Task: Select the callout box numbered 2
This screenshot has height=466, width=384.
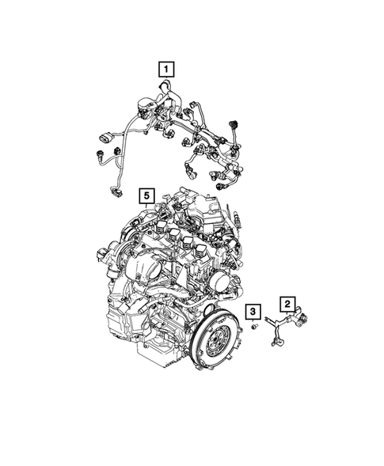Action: [287, 303]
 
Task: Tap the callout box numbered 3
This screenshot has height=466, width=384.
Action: [253, 311]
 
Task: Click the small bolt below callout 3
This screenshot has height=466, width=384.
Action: [254, 327]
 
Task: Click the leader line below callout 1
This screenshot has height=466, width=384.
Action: [165, 82]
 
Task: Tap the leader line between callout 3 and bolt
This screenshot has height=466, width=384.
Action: [253, 320]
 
